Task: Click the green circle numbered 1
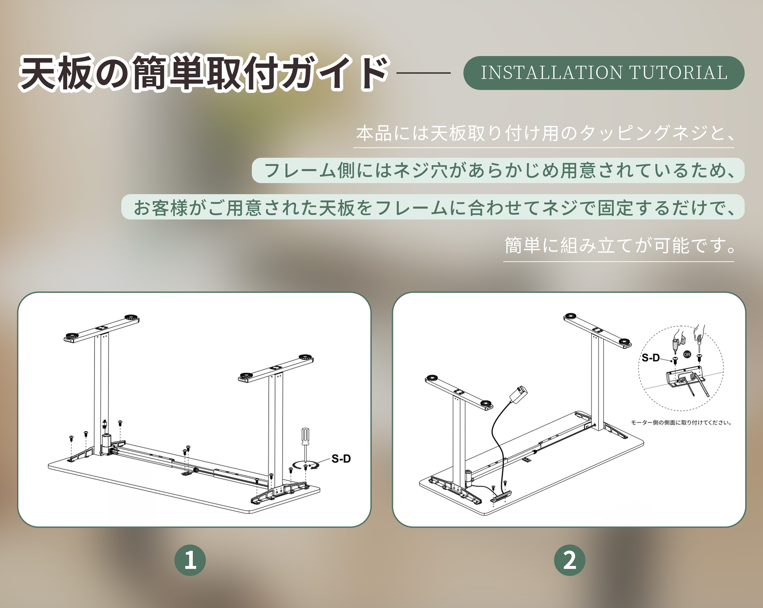(x=190, y=560)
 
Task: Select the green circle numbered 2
(x=569, y=560)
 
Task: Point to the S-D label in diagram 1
(x=341, y=459)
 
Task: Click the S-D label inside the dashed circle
(x=651, y=358)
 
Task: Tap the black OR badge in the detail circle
(x=687, y=354)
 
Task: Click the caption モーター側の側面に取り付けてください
(x=682, y=422)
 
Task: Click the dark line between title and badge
(x=424, y=73)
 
